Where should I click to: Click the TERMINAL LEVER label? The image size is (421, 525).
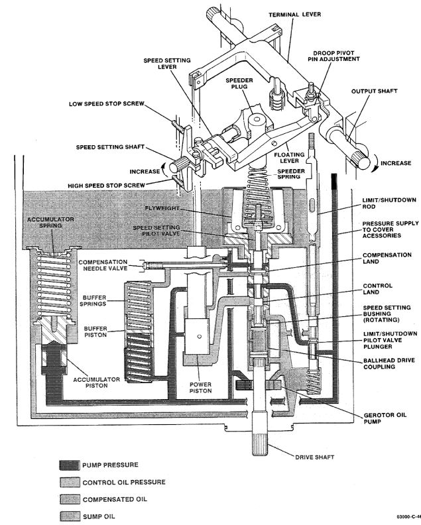295,15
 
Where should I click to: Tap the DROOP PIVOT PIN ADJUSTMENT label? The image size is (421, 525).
333,56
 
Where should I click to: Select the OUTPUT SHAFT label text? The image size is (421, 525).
374,91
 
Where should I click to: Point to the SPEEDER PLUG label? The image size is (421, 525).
239,84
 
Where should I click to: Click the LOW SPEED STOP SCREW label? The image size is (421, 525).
107,104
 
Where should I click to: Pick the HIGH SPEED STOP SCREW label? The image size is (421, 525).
107,185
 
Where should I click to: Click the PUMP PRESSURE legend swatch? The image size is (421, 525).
70,465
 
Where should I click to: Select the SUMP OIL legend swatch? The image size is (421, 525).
70,516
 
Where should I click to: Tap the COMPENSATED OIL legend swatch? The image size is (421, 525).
70,499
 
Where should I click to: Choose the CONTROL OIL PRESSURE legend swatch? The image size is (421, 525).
70,482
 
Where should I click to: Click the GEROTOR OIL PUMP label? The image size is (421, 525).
385,418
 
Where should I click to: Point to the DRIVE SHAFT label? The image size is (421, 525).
314,457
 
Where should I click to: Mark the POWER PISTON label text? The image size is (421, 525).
201,387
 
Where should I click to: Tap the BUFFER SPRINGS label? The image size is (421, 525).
95,300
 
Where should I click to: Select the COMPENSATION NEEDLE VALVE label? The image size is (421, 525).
103,265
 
